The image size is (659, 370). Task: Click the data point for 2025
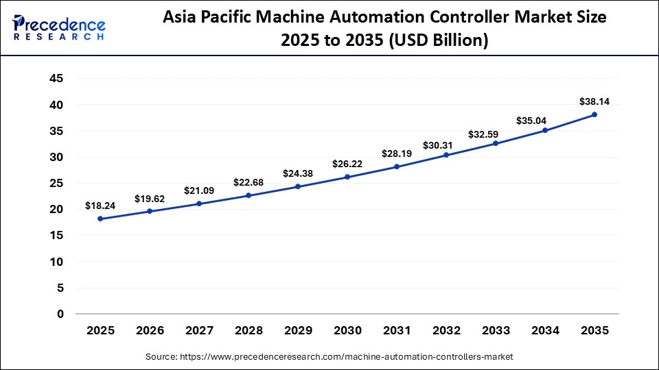point(100,219)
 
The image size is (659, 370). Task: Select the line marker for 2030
point(347,177)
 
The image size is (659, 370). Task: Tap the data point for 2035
point(594,114)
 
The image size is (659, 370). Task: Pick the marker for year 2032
point(446,155)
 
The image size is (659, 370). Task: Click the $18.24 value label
point(100,205)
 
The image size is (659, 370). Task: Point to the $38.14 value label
point(594,101)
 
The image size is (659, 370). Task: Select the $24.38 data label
point(298,173)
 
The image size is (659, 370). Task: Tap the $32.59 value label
point(496,135)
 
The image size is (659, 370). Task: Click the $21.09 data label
point(199,190)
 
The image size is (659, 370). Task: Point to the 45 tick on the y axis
point(56,79)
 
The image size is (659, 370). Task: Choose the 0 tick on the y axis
point(60,314)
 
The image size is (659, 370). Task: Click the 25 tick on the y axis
point(56,184)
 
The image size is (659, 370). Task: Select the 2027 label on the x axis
point(199,330)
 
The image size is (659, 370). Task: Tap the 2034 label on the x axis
point(545,330)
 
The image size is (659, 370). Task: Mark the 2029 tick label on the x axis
point(298,330)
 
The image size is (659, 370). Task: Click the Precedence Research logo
point(59,27)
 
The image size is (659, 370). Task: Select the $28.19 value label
point(397,153)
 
